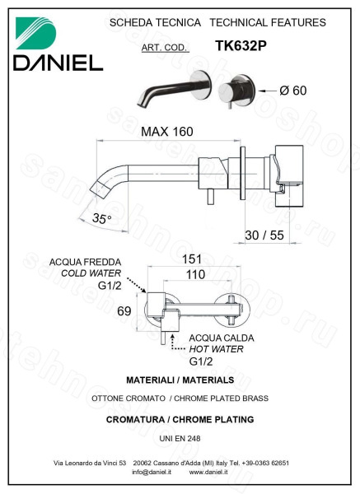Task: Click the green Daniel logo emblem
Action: point(35,33)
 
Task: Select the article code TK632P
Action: point(241,45)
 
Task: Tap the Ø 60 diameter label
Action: point(292,91)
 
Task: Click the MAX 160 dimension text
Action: point(166,132)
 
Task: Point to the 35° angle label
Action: point(101,218)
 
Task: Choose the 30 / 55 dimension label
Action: point(264,235)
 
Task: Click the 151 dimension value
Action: point(192,259)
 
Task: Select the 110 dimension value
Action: point(195,274)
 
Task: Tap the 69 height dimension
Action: point(124,311)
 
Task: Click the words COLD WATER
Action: point(91,273)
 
